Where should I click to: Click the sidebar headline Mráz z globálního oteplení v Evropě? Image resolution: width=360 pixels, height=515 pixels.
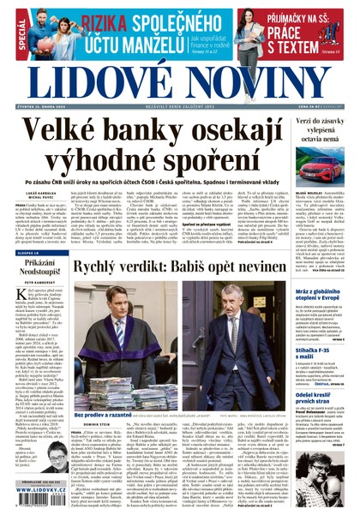pyautogui.click(x=316, y=296)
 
